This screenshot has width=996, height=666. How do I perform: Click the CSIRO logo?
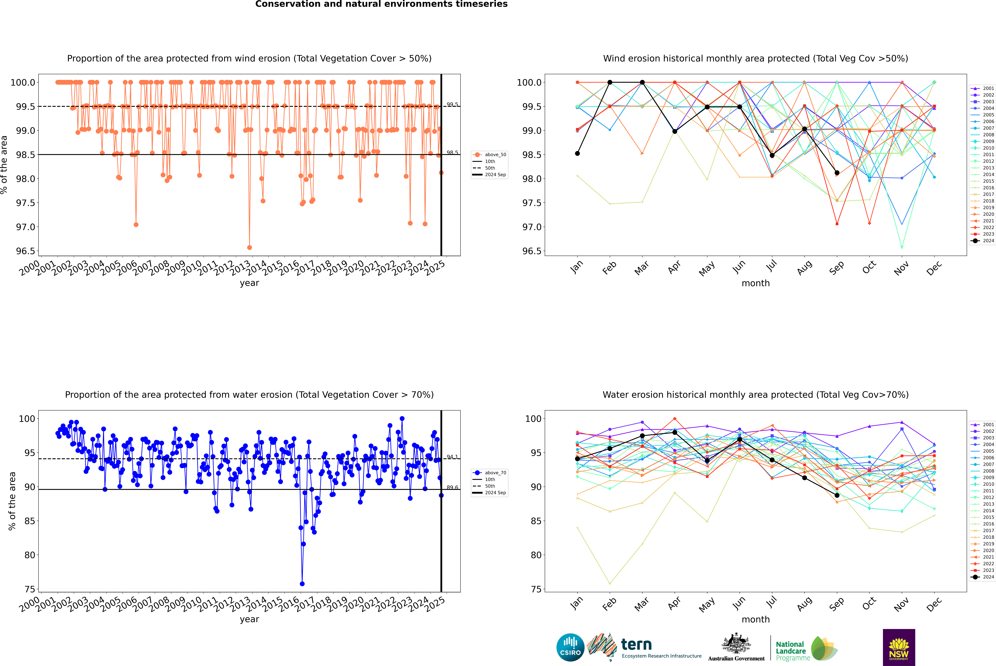click(570, 647)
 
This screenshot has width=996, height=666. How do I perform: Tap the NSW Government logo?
click(899, 647)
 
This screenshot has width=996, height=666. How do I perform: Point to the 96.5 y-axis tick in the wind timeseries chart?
click(26, 251)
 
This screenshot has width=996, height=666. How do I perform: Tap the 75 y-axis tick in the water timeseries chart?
click(30, 589)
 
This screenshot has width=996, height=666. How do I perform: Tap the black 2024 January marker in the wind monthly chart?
click(577, 153)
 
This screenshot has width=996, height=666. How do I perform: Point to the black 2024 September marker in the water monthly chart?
click(837, 495)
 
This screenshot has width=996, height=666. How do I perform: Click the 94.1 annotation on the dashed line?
click(452, 457)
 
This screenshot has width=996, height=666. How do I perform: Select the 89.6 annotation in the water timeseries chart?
click(452, 488)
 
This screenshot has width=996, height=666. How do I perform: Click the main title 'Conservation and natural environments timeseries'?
click(381, 4)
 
